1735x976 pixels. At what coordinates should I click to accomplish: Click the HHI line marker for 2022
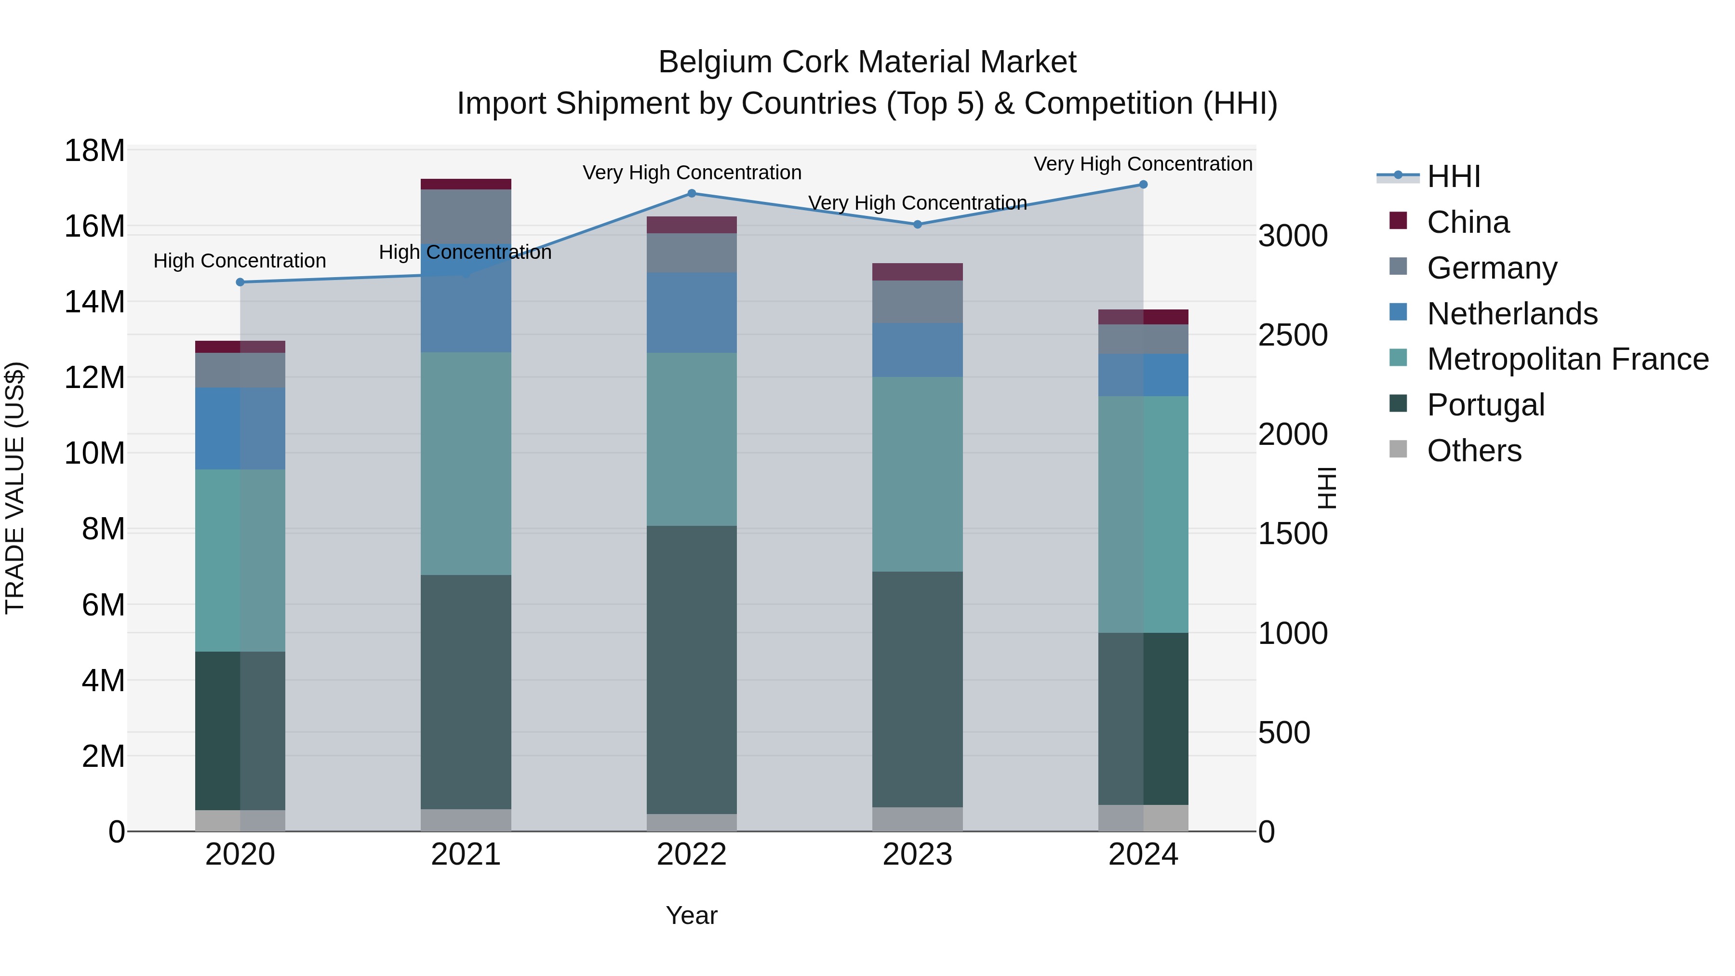(x=691, y=193)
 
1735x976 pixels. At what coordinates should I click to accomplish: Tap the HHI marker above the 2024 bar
(x=1143, y=185)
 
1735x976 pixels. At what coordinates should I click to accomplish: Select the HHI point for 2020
(x=240, y=282)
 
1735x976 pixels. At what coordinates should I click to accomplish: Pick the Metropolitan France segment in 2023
(x=917, y=474)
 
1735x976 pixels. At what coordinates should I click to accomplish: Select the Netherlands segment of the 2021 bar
(x=466, y=298)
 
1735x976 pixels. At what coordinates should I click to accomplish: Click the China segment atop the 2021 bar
(x=466, y=184)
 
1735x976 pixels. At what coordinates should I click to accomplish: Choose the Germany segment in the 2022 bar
(x=691, y=253)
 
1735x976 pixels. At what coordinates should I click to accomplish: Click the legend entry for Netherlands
(x=1511, y=314)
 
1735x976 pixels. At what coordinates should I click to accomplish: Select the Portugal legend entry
(x=1485, y=405)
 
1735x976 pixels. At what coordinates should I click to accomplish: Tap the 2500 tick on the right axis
(x=1293, y=335)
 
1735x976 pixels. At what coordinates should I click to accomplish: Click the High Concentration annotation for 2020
(x=240, y=261)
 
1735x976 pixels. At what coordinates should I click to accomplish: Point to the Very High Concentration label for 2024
(x=1143, y=164)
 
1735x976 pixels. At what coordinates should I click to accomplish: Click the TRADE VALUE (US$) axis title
(x=15, y=488)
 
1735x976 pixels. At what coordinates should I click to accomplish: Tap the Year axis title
(x=691, y=915)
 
